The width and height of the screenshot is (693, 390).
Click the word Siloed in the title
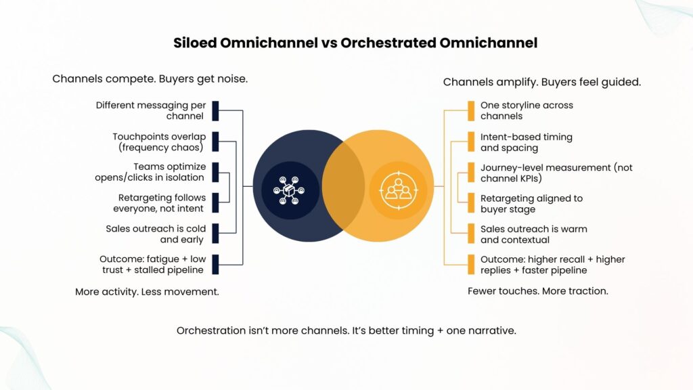point(195,43)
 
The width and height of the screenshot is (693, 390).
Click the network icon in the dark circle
point(289,190)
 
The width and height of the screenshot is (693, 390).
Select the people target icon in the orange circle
point(398,190)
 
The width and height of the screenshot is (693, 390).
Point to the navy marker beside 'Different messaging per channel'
point(215,111)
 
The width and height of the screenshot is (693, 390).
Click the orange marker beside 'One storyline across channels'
point(471,111)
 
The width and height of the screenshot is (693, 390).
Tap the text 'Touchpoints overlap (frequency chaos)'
point(159,142)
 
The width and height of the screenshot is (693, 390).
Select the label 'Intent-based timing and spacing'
point(527,142)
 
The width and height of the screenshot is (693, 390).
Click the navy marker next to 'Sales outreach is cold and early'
point(215,234)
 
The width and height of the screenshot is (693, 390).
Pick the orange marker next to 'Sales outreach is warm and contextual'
point(471,234)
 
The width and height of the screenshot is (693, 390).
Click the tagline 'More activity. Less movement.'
point(147,292)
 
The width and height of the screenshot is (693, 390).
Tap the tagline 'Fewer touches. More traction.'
point(538,291)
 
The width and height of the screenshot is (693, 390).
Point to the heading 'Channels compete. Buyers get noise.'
point(150,79)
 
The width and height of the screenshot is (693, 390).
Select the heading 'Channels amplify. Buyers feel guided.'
point(542,82)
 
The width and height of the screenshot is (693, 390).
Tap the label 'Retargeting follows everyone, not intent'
point(160,203)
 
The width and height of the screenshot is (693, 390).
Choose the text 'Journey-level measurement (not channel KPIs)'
point(556,173)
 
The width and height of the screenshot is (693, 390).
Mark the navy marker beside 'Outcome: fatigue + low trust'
point(215,265)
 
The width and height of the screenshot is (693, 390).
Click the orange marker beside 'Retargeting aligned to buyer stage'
point(471,203)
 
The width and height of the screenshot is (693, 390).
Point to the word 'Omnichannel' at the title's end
point(489,43)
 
